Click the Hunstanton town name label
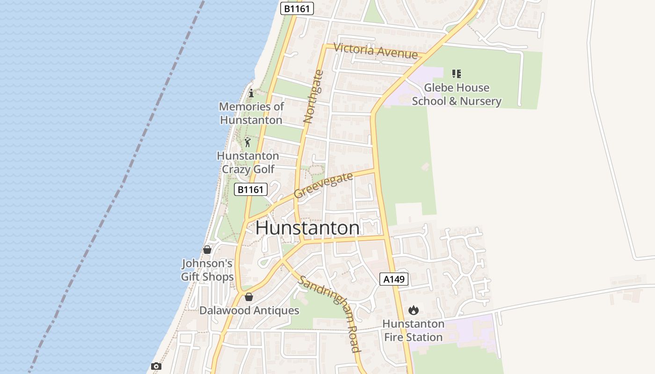click(x=307, y=228)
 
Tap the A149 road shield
click(x=393, y=279)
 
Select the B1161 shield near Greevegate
click(x=250, y=189)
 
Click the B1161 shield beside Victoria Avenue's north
click(x=297, y=8)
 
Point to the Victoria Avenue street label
click(x=376, y=51)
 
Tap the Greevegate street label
click(x=323, y=185)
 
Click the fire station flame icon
click(x=413, y=310)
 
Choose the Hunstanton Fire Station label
click(x=413, y=331)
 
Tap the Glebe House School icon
click(x=457, y=73)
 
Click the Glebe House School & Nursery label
click(x=457, y=94)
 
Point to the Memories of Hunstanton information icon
click(x=251, y=93)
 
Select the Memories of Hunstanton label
click(x=251, y=113)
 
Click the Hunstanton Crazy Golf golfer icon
click(x=247, y=142)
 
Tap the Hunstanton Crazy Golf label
click(x=248, y=162)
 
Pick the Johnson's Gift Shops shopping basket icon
click(x=207, y=250)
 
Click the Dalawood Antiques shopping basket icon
click(x=249, y=297)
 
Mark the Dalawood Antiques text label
click(x=249, y=310)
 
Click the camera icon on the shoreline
click(x=156, y=366)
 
